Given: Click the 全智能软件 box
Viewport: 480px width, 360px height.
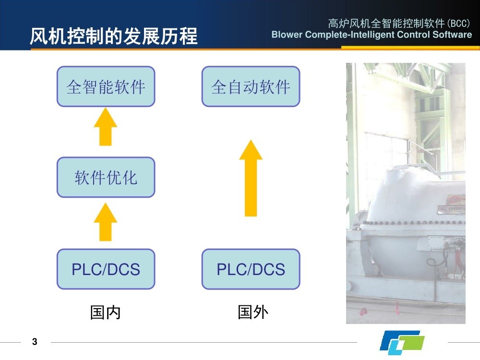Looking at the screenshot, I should pos(106,86).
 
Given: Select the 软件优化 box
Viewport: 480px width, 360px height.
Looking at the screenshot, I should pos(106,177).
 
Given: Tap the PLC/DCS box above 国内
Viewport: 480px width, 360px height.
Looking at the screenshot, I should pos(106,269).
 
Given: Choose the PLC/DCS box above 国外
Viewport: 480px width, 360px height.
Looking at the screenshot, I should pos(251,269).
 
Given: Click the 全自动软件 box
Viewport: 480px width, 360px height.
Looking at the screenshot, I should pos(251,86).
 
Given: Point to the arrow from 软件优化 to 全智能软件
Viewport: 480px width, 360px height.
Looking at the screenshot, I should pos(106,127).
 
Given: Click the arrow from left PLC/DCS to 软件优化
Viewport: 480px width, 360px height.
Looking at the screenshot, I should pos(106,222).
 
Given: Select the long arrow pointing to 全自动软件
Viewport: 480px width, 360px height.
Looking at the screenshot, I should pos(251,178).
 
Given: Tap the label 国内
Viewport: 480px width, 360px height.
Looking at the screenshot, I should pos(106,312).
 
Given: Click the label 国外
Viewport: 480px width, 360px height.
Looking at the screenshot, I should pos(253,312).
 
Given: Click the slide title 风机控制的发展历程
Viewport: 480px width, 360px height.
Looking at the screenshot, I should pos(114,36).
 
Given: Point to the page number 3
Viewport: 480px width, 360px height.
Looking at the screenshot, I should pos(35,342).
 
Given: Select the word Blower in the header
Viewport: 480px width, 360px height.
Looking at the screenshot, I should pos(287,35).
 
